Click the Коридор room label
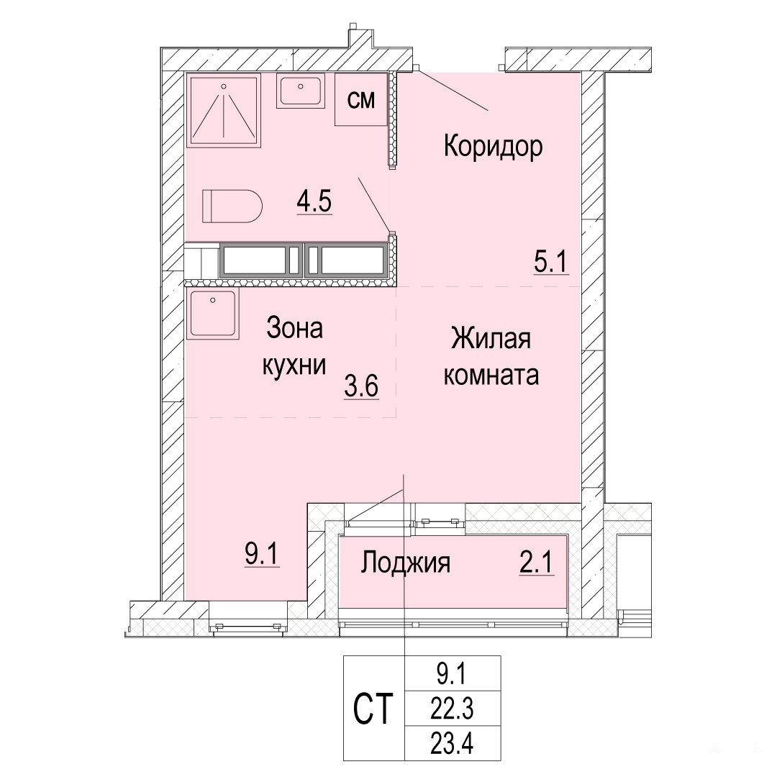(x=493, y=147)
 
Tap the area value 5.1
(x=550, y=261)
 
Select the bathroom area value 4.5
(x=314, y=201)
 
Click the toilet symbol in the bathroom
(x=232, y=206)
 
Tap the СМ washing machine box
(x=361, y=99)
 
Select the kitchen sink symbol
(x=212, y=314)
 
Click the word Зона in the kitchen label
(x=295, y=328)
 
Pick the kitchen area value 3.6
(x=362, y=386)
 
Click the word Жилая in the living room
(x=491, y=339)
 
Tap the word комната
(x=491, y=375)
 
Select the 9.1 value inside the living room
(x=263, y=554)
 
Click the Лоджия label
(x=405, y=563)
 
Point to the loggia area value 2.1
(x=536, y=563)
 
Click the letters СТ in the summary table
(x=373, y=709)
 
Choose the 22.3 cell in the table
(x=452, y=709)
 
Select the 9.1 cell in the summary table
(x=452, y=675)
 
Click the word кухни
(x=294, y=365)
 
